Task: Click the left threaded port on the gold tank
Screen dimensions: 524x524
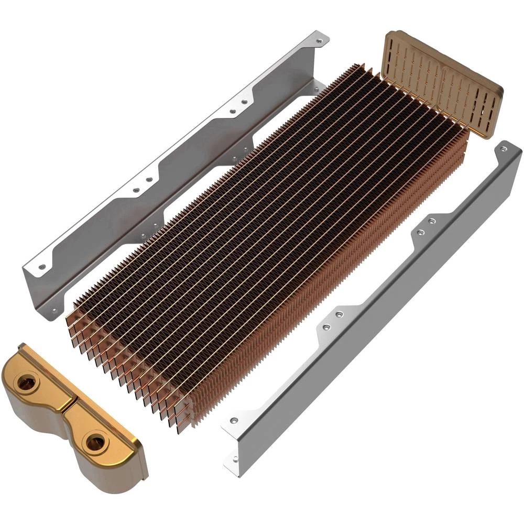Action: tap(25, 384)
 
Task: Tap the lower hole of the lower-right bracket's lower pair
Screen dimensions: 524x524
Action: tap(326, 327)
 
